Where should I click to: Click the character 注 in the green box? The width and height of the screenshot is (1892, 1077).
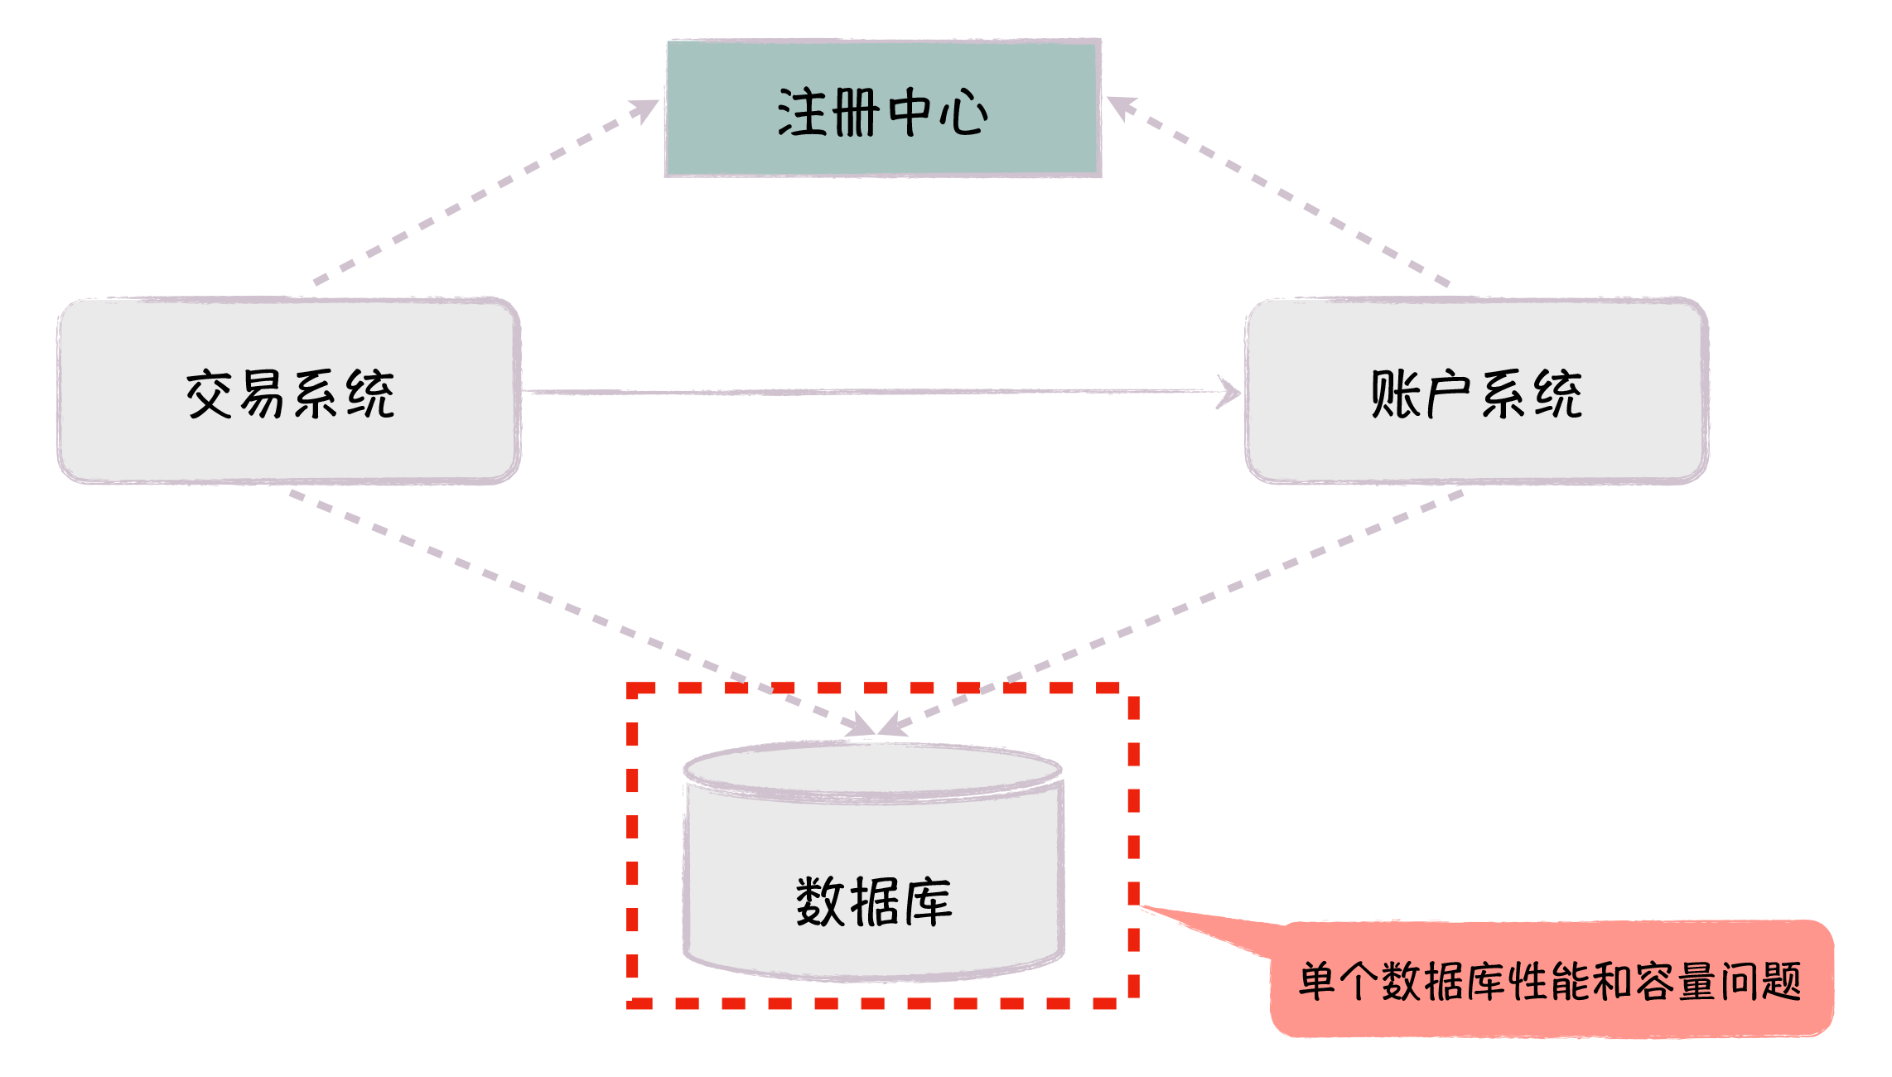click(x=802, y=113)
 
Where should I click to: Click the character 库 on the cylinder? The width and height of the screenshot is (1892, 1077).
click(x=929, y=902)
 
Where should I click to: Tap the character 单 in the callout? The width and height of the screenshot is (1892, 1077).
click(x=1317, y=982)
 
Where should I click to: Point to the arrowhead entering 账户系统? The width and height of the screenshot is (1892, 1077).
click(x=1229, y=392)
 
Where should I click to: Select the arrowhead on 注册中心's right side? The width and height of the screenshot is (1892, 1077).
click(x=1122, y=107)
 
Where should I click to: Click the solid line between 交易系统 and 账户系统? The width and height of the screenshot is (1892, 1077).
click(x=870, y=392)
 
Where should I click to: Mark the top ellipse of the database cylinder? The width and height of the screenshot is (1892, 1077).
click(x=873, y=770)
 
